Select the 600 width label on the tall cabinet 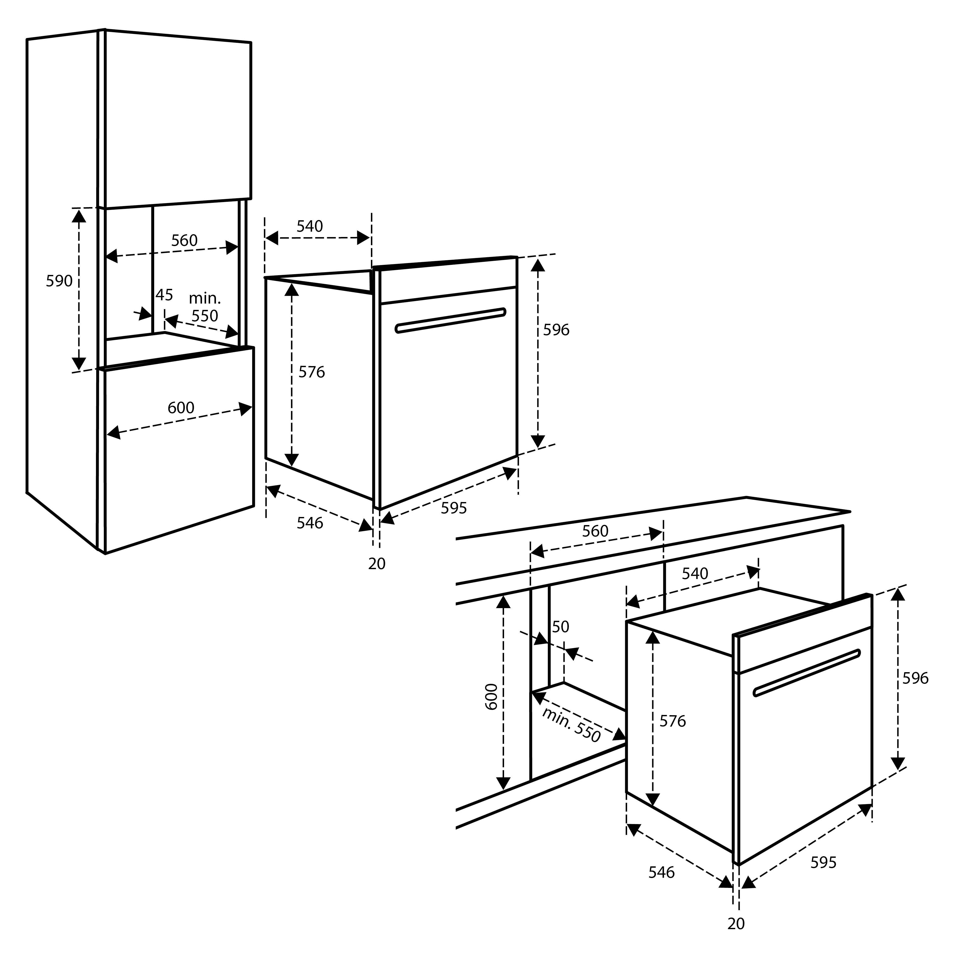click(x=181, y=408)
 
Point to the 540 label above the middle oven click(x=310, y=226)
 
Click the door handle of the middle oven click(x=450, y=321)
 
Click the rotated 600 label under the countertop click(x=491, y=696)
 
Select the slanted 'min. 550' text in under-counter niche click(x=571, y=725)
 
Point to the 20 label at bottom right click(x=736, y=924)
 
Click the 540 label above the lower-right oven click(x=695, y=574)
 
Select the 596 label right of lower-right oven click(x=915, y=678)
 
